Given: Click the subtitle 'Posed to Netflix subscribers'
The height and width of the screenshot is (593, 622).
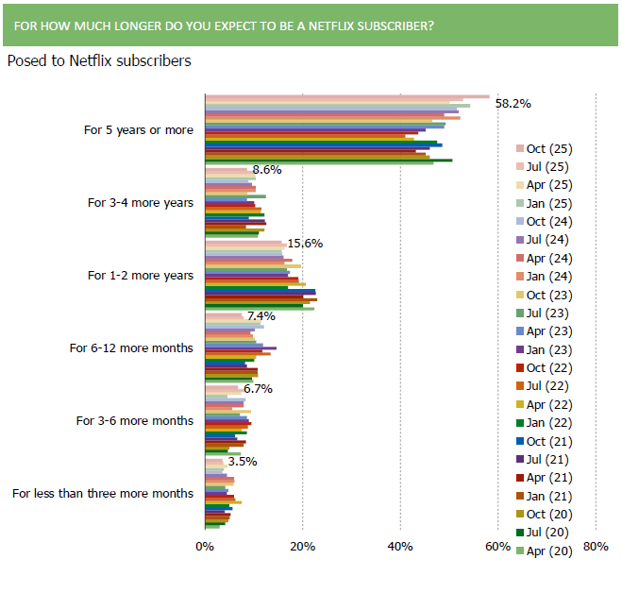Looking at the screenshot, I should [x=99, y=61].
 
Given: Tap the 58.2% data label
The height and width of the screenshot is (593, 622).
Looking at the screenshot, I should [x=513, y=103].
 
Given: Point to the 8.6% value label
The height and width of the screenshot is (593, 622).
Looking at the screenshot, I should [x=267, y=170].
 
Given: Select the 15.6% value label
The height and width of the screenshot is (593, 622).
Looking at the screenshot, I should [x=306, y=243].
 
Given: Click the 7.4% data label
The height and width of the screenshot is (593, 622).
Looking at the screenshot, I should [x=260, y=315].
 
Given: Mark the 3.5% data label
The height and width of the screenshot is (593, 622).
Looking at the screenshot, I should [x=243, y=461].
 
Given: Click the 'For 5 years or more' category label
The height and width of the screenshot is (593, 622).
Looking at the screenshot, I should [x=139, y=130].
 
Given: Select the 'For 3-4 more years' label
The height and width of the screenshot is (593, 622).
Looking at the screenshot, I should [x=141, y=202].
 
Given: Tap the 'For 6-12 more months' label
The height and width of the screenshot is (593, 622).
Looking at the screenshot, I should [x=131, y=347].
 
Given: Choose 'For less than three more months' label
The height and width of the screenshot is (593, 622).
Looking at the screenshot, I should [x=103, y=493].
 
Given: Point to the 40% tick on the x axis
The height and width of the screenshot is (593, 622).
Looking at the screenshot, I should [x=400, y=547].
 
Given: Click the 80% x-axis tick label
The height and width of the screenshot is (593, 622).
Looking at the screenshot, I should [x=596, y=547].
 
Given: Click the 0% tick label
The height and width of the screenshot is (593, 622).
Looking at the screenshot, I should [x=204, y=547].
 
